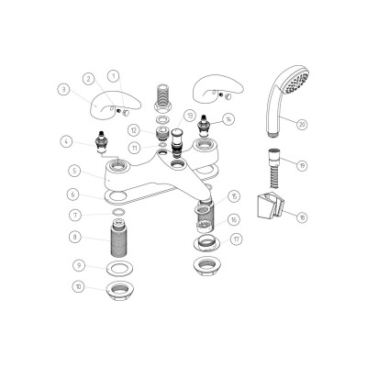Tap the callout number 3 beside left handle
[63, 89]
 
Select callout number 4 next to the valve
[66, 140]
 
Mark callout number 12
[134, 130]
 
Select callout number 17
[238, 239]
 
